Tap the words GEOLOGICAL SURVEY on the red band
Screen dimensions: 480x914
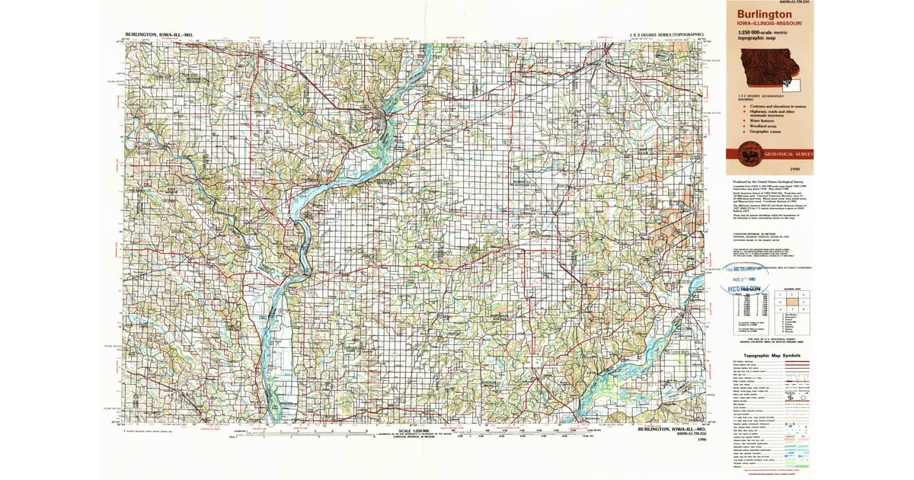[791, 154]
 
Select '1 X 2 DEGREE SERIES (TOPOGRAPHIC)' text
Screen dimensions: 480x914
[666, 35]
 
